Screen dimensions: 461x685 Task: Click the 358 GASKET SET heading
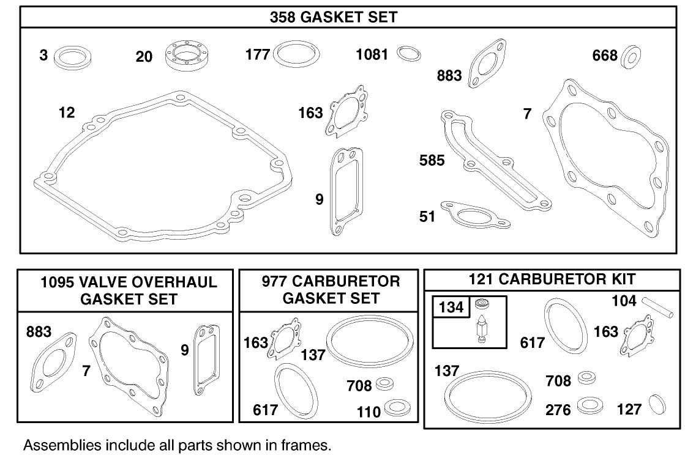coord(333,18)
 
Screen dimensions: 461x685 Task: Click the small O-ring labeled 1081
coord(408,54)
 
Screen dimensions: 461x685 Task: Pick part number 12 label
coord(67,112)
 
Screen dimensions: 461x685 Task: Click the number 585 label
coord(432,160)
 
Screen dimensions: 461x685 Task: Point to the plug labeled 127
coord(657,405)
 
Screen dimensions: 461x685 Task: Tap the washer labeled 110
coord(392,408)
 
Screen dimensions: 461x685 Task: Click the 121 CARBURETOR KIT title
coord(552,279)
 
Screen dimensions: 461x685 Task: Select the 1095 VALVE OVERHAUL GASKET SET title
coord(128,290)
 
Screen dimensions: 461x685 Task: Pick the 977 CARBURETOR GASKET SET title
coord(331,290)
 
